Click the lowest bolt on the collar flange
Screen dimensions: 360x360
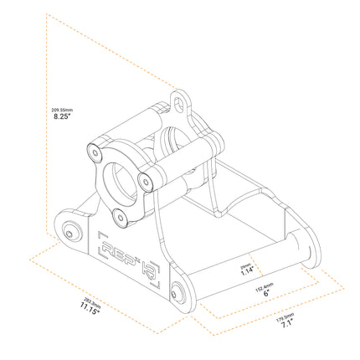click(121, 217)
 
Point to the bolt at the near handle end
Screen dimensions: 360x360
click(177, 293)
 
